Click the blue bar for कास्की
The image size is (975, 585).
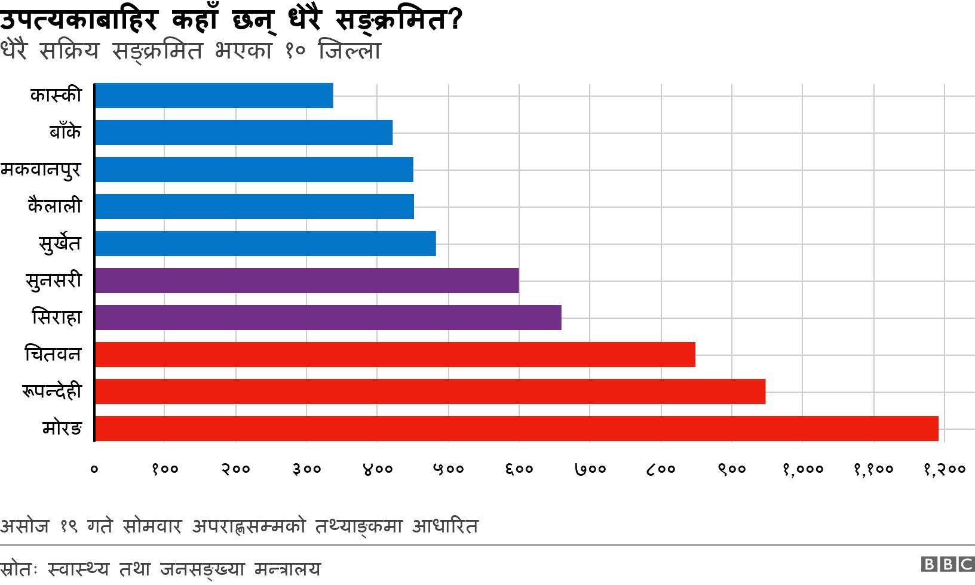[214, 96]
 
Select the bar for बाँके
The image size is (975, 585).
[244, 133]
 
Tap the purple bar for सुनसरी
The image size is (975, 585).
[306, 281]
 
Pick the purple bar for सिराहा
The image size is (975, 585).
[328, 318]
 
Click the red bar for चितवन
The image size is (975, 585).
[395, 355]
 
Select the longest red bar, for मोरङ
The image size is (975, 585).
[516, 429]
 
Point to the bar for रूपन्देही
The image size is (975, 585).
[430, 392]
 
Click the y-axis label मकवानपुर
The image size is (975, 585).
[40, 170]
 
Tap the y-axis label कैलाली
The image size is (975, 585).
[54, 207]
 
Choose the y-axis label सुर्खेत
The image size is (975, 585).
[59, 244]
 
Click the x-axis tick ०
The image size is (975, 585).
[94, 469]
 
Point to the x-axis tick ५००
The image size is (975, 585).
[447, 469]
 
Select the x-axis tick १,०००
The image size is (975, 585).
[802, 469]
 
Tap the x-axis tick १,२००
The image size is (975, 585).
[944, 469]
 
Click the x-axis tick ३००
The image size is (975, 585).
[306, 469]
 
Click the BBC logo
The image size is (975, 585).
[948, 564]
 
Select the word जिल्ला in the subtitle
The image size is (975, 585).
[350, 51]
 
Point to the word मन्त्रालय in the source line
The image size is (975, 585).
[287, 569]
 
